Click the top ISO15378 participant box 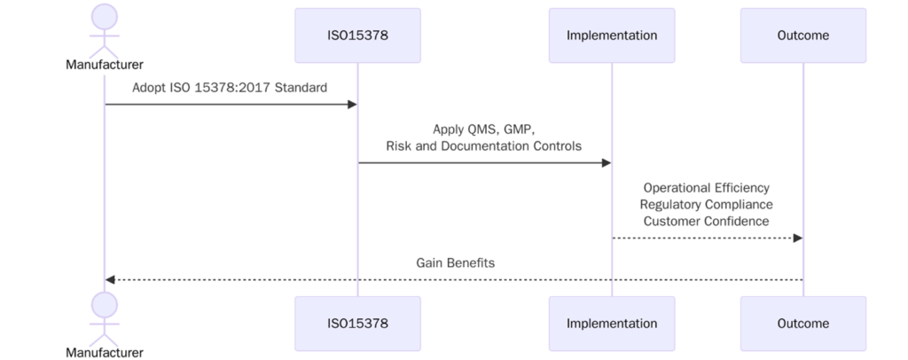357,35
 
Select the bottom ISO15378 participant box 357,324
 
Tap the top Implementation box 612,35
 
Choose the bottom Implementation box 612,324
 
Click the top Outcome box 802,35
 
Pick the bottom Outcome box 802,324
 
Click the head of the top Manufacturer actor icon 105,16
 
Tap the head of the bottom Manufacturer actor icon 105,305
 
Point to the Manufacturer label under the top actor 105,65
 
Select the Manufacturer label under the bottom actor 105,353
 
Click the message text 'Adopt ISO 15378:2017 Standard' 230,88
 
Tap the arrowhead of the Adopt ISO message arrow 351,105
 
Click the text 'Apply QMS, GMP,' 483,129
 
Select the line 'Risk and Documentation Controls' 483,145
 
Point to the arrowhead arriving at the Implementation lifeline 606,162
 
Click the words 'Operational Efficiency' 706,188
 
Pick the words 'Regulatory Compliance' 706,205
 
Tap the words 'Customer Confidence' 706,221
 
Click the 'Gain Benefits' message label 455,263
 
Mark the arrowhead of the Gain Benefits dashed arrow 111,279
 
